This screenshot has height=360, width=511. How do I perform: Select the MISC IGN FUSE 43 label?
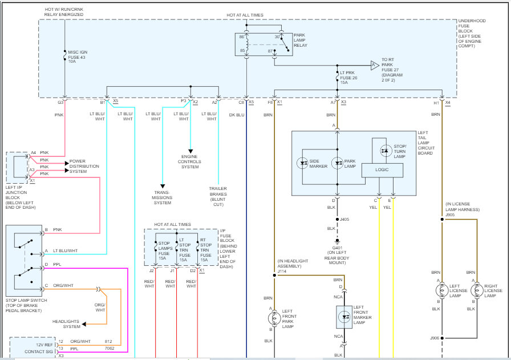78,57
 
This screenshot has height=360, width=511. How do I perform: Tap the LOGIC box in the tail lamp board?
382,170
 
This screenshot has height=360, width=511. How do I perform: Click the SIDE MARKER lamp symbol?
303,163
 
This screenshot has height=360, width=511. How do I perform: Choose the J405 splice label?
344,219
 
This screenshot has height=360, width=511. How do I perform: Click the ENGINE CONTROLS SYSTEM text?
190,161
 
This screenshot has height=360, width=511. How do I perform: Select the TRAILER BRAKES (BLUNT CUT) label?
218,197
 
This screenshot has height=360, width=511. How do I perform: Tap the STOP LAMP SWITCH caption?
27,306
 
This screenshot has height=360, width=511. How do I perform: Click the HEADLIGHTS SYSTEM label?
66,323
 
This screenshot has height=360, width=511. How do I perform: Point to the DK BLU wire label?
237,115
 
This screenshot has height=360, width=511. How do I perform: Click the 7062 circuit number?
109,348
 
